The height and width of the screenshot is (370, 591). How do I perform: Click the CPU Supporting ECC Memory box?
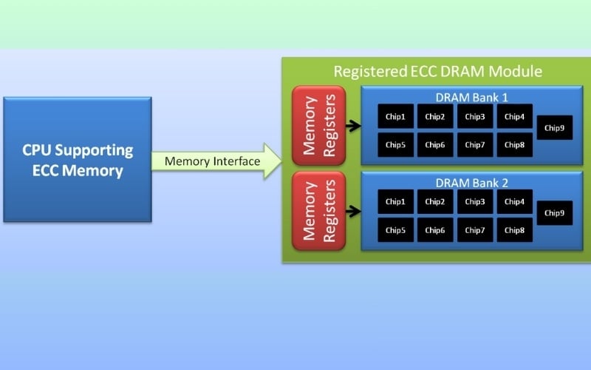[78, 159]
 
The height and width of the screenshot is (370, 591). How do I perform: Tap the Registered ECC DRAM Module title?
[438, 72]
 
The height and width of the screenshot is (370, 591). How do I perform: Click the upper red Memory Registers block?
[318, 125]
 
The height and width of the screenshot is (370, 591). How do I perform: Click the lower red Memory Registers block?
[318, 210]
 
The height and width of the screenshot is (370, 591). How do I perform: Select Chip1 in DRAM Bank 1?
[395, 116]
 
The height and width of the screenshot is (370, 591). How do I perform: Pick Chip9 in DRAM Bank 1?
[554, 128]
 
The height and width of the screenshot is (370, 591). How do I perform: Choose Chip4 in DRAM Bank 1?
[514, 116]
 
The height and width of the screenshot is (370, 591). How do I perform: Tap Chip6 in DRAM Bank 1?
[435, 144]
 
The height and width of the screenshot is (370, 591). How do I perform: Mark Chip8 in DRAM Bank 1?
[514, 144]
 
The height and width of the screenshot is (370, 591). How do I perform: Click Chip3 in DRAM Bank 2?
[474, 201]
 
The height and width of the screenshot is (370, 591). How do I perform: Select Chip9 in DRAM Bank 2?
[554, 213]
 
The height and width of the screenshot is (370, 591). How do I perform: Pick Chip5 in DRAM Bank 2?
[395, 229]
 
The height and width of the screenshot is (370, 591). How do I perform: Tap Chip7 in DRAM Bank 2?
[474, 229]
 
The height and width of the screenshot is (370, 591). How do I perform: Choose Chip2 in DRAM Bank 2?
[435, 201]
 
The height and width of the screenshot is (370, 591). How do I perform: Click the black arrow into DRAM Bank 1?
[353, 126]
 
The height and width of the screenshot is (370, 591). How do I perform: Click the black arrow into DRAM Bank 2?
[353, 211]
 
